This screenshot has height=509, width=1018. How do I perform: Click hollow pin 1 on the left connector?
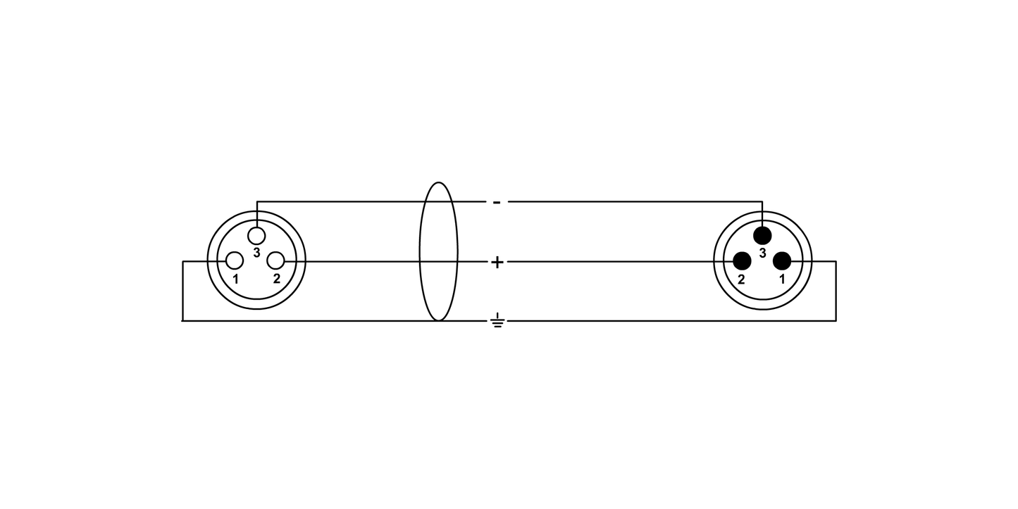pos(235,261)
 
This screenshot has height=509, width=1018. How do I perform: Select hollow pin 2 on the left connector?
pos(275,261)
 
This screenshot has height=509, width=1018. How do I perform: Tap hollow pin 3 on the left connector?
pos(256,236)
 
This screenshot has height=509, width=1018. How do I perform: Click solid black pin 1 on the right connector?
pos(782,261)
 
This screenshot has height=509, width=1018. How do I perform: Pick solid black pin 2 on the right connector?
pos(742,261)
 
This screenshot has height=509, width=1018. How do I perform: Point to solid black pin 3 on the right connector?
pos(762,236)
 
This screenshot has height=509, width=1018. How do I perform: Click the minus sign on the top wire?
pos(497,202)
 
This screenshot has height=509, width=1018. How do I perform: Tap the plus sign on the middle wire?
pos(497,262)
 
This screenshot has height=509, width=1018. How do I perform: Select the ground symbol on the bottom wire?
pos(497,320)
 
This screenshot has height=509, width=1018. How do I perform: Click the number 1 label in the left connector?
pos(235,279)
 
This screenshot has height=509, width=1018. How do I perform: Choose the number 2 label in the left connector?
pos(277,279)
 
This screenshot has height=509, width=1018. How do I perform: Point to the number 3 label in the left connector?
pos(256,253)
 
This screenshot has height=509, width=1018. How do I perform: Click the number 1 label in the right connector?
pos(782,279)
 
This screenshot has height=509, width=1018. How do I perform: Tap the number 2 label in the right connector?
pos(741,279)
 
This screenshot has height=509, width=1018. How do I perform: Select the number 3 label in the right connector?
pos(762,253)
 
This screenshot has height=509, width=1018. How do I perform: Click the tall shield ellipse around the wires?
pos(419,252)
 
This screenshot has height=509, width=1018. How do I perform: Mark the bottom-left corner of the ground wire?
pos(182,320)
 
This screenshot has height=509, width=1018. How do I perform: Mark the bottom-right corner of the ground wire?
pos(836,320)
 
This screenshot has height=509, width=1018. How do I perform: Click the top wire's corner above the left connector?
pos(256,201)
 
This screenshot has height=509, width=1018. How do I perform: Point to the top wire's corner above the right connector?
pos(762,201)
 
